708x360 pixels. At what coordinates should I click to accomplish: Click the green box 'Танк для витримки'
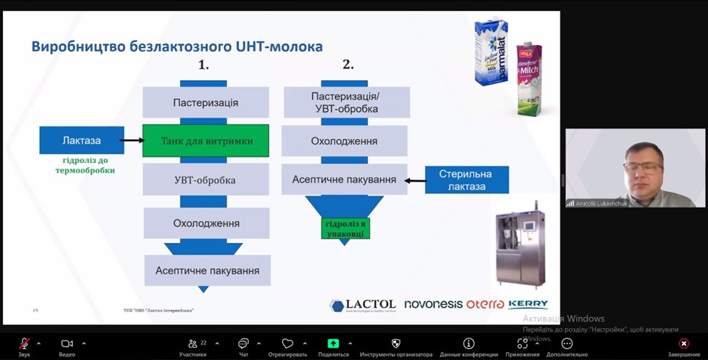[x=206, y=141]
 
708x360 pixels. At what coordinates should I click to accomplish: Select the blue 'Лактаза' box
[x=81, y=140]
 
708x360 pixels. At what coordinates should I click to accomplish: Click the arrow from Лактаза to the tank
[x=132, y=141]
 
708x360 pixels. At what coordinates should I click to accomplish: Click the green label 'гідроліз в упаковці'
[x=346, y=228]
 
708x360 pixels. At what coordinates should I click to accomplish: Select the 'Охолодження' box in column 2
[x=345, y=140]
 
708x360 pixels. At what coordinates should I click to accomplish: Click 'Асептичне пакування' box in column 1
[x=207, y=271]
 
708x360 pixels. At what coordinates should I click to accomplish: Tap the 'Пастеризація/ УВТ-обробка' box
[x=345, y=103]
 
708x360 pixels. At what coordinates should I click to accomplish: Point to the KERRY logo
[x=528, y=304]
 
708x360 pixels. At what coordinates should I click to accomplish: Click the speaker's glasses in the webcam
[x=643, y=167]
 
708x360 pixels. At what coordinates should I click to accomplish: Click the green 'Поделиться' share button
[x=333, y=343]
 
